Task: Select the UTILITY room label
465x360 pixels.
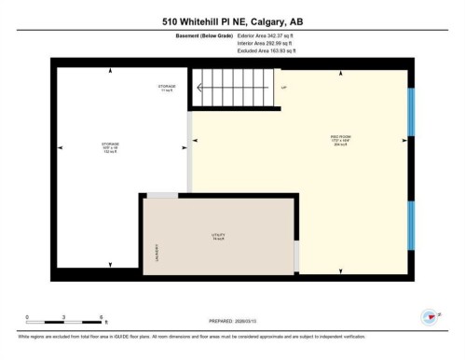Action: point(219,235)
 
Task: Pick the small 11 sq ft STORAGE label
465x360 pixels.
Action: point(166,89)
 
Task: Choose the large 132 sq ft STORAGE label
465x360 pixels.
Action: point(110,145)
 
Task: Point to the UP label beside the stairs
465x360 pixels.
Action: point(284,88)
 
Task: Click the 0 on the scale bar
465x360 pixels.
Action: point(27,316)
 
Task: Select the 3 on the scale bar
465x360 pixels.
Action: point(62,316)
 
